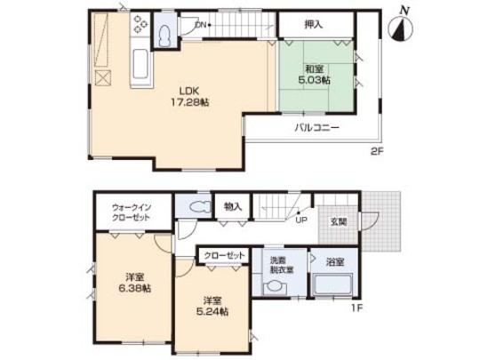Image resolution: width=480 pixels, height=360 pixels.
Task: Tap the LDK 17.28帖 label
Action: click(x=190, y=96)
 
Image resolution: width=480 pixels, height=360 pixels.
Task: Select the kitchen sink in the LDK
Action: click(x=142, y=66)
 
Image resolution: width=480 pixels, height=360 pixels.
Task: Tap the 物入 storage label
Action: click(x=233, y=206)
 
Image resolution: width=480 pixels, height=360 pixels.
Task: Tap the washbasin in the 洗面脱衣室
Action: click(x=276, y=287)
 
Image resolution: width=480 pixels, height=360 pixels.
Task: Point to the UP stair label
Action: click(x=301, y=221)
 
